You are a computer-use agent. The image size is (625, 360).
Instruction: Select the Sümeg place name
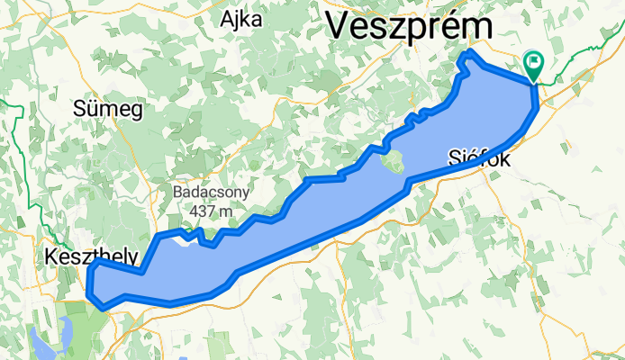point(107,109)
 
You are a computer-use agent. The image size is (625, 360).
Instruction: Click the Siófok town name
point(479,160)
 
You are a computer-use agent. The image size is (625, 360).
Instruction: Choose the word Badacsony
point(212,193)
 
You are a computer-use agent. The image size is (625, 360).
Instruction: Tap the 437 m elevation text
point(212,211)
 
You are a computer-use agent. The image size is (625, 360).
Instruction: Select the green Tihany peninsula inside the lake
point(392,164)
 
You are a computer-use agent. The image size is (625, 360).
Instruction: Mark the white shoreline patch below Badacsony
point(185,239)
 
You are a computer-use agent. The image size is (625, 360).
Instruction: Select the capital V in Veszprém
point(340,24)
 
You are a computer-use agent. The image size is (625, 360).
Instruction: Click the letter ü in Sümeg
point(94,109)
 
